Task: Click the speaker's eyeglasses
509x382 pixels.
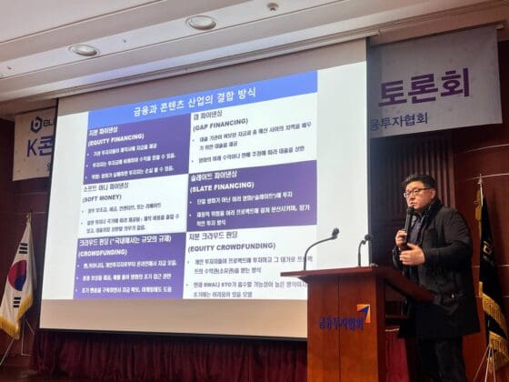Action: pos(417,192)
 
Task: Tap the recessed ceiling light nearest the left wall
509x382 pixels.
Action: pos(84,50)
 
